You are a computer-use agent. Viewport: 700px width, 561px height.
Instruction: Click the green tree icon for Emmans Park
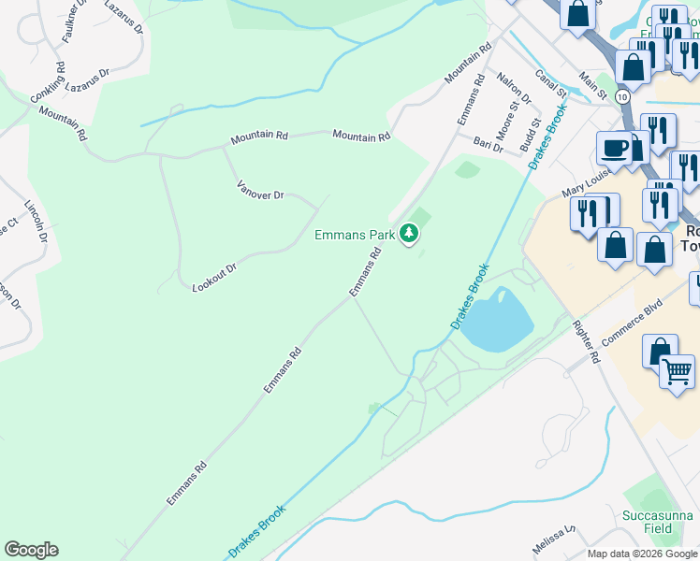point(409,233)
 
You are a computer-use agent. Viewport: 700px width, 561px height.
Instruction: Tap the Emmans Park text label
point(355,235)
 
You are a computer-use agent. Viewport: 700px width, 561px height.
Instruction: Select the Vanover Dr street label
point(260,188)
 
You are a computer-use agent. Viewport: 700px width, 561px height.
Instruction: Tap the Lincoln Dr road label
point(36,221)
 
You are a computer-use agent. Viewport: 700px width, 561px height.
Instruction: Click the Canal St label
point(552,81)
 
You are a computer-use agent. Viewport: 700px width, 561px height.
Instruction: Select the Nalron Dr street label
point(514,88)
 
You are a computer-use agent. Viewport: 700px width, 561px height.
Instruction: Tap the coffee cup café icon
point(616,148)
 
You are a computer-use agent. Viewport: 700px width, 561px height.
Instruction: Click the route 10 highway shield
point(622,96)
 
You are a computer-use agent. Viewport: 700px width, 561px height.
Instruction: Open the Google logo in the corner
point(31,550)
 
